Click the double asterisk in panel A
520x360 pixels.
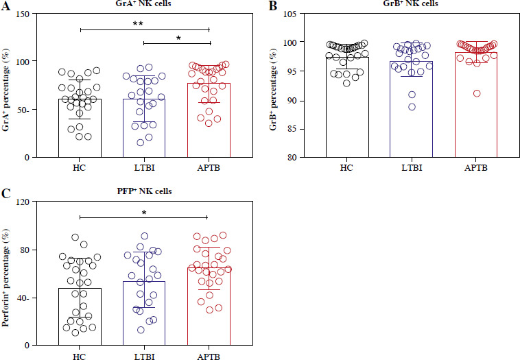click(143, 24)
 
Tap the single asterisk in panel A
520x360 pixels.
click(176, 38)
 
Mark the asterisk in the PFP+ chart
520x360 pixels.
click(143, 213)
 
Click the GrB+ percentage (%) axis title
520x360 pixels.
click(280, 85)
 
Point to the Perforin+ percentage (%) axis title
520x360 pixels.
click(8, 274)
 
